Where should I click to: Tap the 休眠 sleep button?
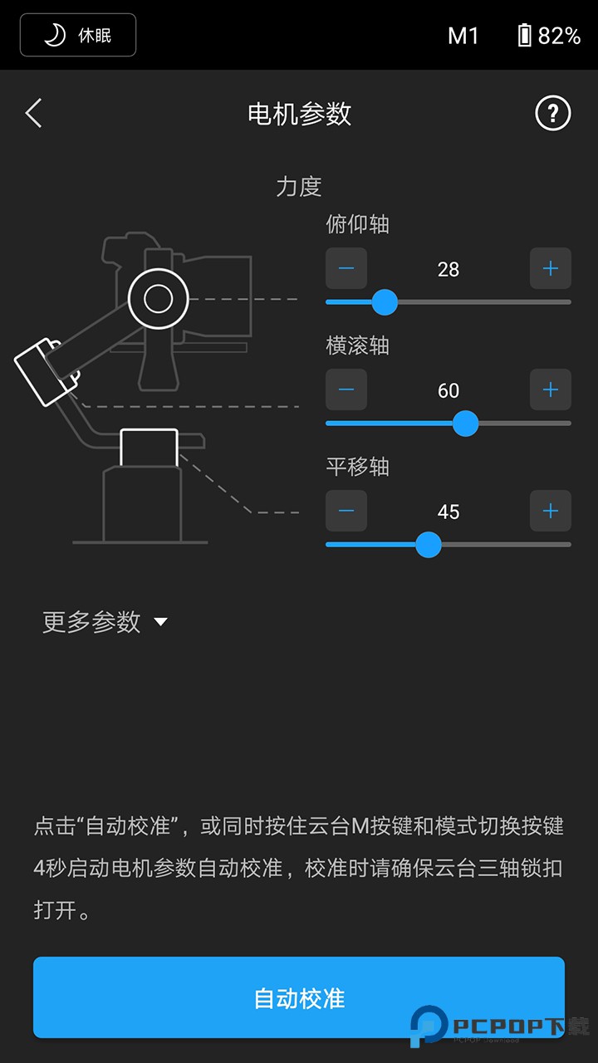(x=78, y=35)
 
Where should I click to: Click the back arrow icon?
(x=33, y=113)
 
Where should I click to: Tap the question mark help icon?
(x=553, y=113)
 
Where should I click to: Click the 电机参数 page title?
(x=299, y=114)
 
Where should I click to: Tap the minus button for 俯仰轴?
(x=346, y=268)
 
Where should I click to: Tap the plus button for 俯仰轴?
(x=550, y=268)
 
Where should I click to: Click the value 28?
(x=448, y=269)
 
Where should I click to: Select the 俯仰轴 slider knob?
(x=384, y=302)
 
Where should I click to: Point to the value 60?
(x=448, y=390)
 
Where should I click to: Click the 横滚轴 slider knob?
(x=465, y=424)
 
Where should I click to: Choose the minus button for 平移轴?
(x=346, y=511)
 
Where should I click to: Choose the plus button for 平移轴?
(x=550, y=511)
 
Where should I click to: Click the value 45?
(x=448, y=512)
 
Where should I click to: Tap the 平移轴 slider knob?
(x=428, y=545)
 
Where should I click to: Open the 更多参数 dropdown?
(x=105, y=622)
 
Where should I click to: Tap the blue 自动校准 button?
(x=299, y=997)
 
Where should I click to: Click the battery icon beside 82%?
(x=524, y=35)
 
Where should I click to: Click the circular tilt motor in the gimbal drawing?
(x=159, y=298)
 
